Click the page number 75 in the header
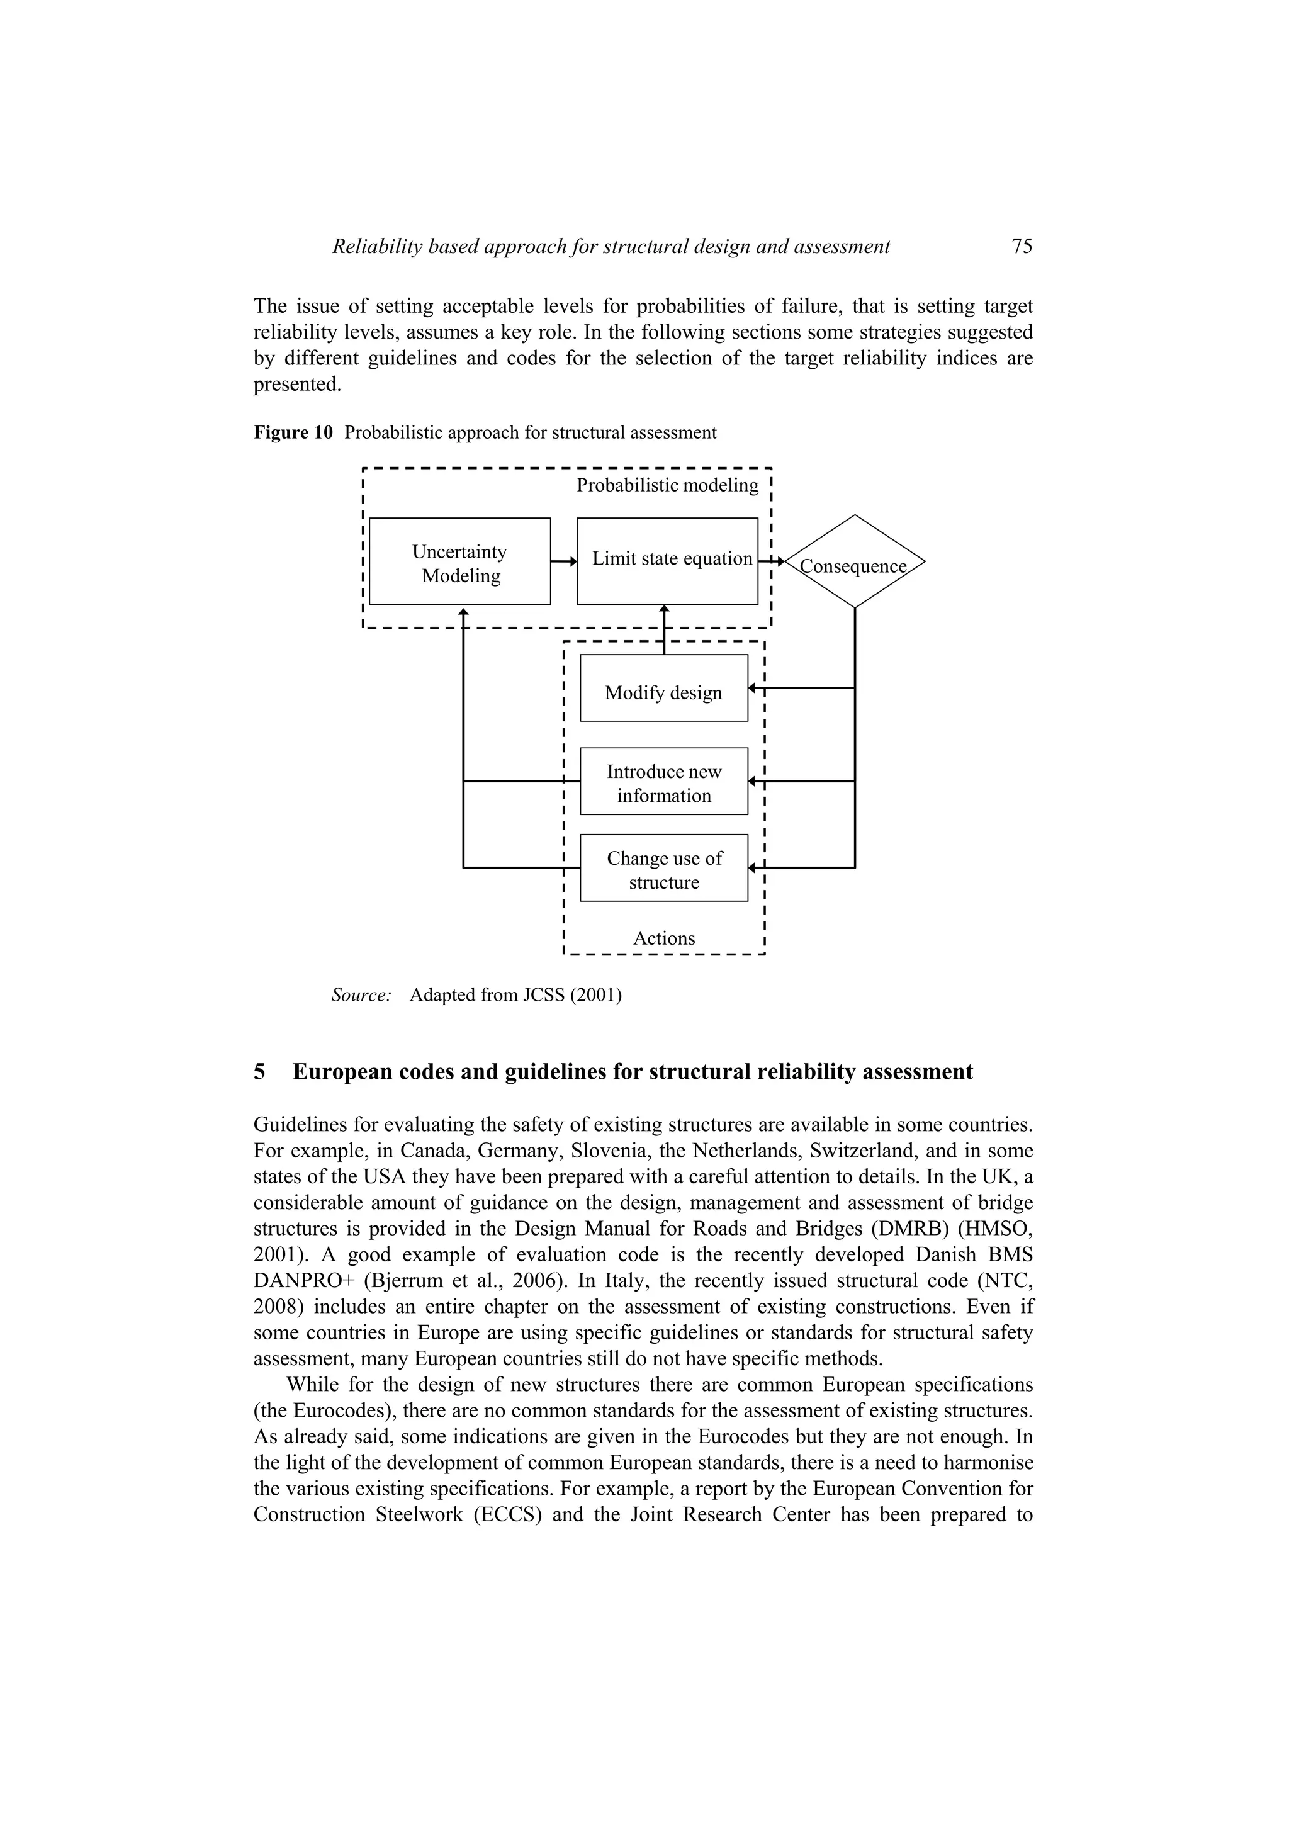click(1022, 246)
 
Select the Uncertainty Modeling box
click(460, 561)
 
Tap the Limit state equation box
click(667, 561)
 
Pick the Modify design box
click(664, 688)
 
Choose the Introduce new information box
click(664, 781)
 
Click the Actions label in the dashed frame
click(664, 938)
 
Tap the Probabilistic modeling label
click(667, 485)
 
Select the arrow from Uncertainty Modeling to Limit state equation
click(563, 561)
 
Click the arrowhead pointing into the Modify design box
click(752, 688)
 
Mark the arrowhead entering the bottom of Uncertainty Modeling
click(463, 611)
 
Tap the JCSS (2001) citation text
click(572, 994)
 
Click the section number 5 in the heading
click(260, 1072)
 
